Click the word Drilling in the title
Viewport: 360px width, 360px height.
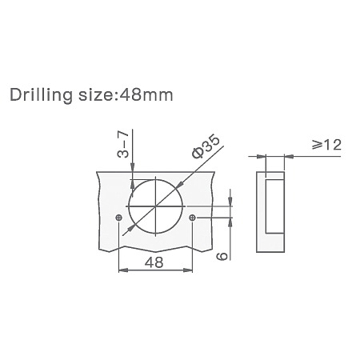[41, 95]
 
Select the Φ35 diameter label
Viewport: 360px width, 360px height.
[206, 146]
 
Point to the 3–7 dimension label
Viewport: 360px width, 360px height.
[123, 144]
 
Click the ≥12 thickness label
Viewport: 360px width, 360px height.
[326, 145]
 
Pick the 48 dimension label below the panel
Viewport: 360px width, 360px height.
[154, 262]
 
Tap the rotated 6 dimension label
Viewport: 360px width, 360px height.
[222, 255]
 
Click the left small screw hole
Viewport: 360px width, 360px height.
[119, 218]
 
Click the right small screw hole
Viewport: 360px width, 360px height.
[192, 218]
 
